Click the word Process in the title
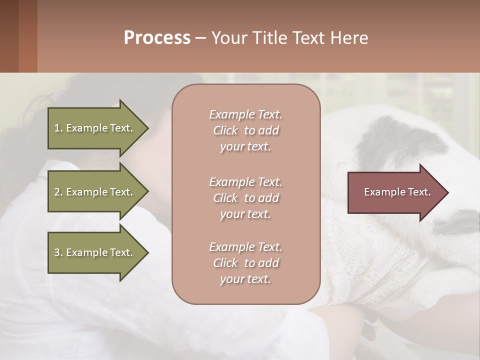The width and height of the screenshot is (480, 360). pos(157,38)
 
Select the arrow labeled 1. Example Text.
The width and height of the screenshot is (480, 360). pos(95,128)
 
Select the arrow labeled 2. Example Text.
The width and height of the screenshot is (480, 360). pos(95,192)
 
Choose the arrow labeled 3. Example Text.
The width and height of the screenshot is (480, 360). pos(95,252)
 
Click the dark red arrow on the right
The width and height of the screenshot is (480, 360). pos(395,192)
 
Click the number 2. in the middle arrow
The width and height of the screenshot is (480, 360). pos(58,192)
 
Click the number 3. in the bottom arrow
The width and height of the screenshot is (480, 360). pos(58,252)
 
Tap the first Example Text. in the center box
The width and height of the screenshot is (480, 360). pos(245,114)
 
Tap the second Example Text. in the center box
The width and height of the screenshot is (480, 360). pos(245,182)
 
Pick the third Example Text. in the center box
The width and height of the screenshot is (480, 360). pos(245,247)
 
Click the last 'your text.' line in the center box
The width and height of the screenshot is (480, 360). pos(245,279)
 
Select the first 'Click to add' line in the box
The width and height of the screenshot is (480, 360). pos(245,130)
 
